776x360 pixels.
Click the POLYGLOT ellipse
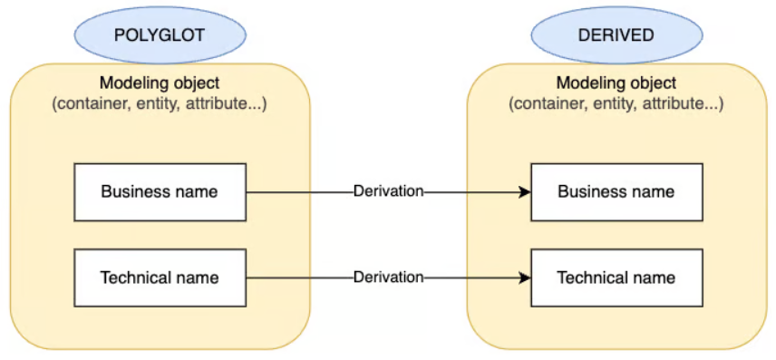click(160, 34)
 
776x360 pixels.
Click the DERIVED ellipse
click(616, 34)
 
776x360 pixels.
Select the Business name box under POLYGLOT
click(160, 191)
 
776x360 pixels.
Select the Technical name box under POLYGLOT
click(160, 277)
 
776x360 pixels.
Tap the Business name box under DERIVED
click(616, 191)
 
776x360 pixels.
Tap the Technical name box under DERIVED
click(616, 277)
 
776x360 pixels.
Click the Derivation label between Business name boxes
click(388, 191)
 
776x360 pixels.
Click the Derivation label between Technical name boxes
click(388, 277)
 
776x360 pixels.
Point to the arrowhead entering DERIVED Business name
click(524, 191)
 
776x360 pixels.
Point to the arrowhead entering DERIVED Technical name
click(524, 277)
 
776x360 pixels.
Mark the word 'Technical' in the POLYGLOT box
click(134, 277)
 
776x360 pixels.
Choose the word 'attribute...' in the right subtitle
click(683, 103)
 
